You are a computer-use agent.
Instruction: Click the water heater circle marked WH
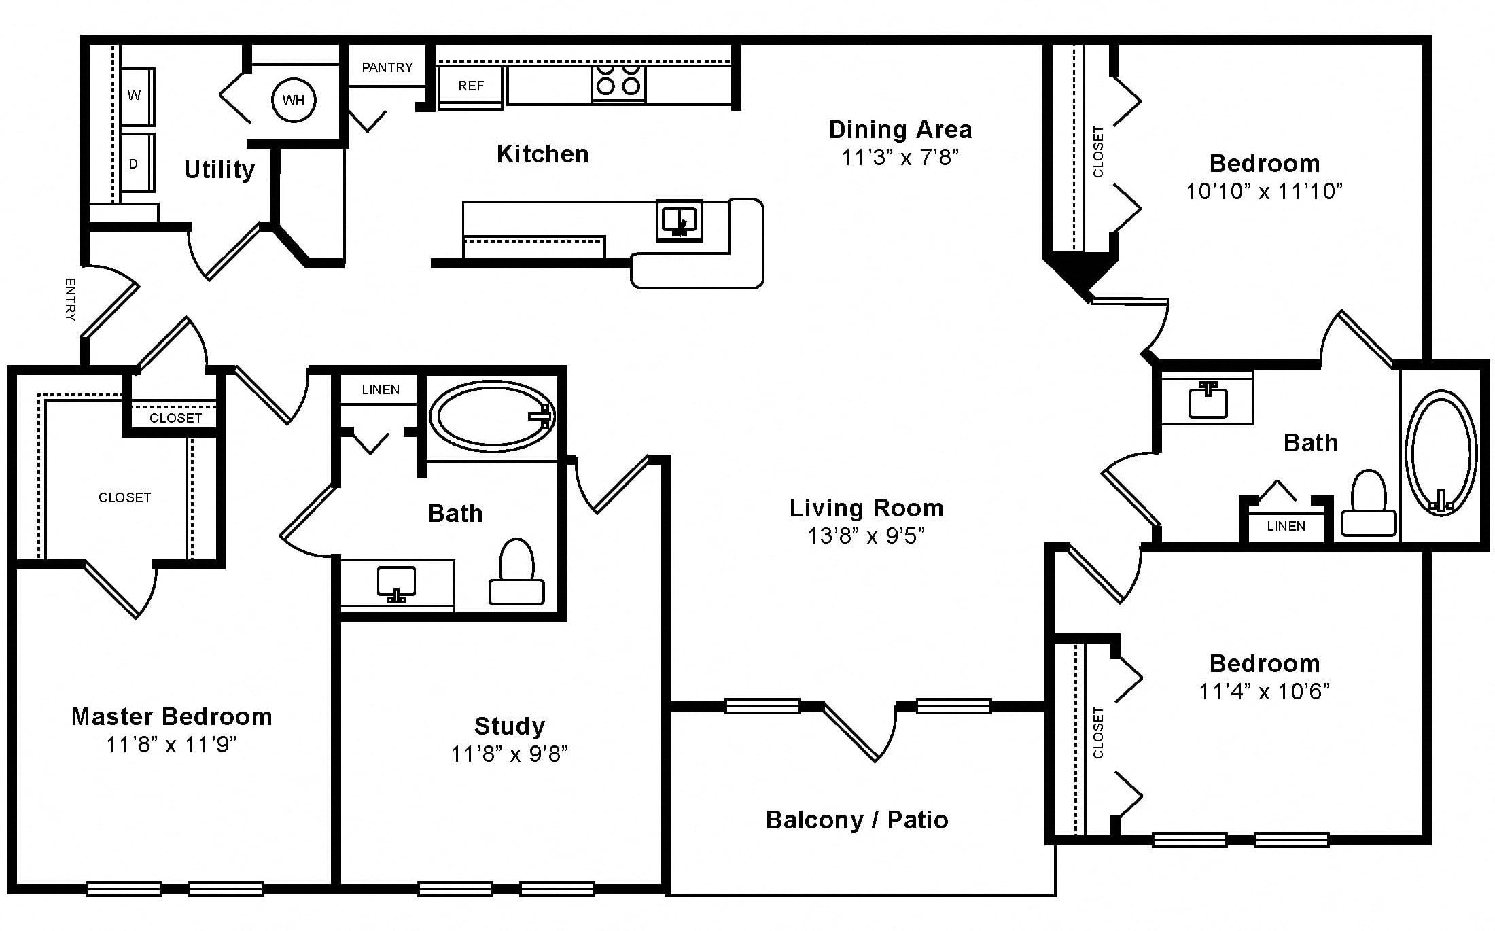tap(294, 100)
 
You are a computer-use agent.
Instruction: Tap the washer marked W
tap(137, 96)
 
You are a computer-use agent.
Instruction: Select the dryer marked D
tap(137, 163)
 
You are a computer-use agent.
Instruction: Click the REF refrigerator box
tap(471, 86)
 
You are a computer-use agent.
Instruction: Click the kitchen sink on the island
tap(679, 220)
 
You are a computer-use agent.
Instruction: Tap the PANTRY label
tap(387, 67)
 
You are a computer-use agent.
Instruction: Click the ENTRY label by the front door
tap(70, 299)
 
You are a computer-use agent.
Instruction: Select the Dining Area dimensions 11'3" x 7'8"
tap(900, 158)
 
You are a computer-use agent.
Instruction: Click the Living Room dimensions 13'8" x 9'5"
tap(866, 536)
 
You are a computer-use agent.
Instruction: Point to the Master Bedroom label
tap(172, 716)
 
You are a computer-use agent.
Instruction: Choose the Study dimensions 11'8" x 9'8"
tap(510, 754)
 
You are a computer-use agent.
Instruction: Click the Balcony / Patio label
tap(857, 820)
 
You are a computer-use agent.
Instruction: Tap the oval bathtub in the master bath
tap(493, 416)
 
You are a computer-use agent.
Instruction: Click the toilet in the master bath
tap(516, 572)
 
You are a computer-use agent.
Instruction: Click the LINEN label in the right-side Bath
tap(1286, 526)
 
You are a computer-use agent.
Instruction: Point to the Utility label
tap(219, 169)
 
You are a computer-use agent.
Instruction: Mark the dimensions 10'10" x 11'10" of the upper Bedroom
tap(1265, 192)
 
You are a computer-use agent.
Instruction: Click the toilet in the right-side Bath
tap(1369, 503)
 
